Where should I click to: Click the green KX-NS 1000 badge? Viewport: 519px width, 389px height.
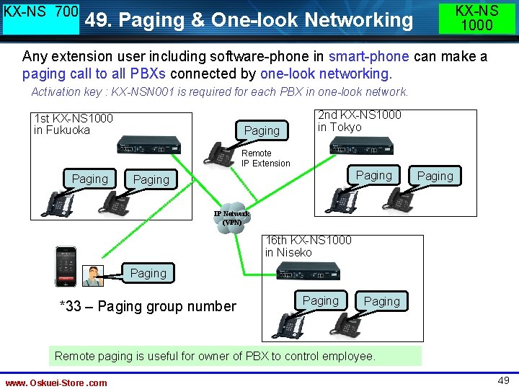[476, 18]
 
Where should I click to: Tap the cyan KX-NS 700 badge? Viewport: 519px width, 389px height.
[41, 18]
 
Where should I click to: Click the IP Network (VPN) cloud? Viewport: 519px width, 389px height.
[231, 218]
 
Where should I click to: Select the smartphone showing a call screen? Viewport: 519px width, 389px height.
[66, 267]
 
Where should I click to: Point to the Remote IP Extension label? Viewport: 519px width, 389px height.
[265, 158]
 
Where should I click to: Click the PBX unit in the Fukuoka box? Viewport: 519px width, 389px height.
[148, 144]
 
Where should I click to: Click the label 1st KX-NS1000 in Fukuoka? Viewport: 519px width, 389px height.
[73, 124]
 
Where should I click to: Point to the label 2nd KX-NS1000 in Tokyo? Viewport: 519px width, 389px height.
[359, 121]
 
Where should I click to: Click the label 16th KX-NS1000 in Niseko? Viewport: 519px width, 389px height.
[308, 246]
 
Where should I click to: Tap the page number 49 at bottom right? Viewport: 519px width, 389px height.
[502, 380]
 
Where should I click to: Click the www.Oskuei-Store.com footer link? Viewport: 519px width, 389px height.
[56, 383]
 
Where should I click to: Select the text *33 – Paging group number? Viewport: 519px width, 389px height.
[147, 306]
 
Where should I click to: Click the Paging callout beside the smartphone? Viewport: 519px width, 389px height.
[148, 273]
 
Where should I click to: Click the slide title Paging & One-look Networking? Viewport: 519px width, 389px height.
[249, 20]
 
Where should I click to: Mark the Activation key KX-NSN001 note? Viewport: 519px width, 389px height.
[220, 91]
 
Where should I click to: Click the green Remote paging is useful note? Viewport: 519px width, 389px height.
[216, 356]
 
